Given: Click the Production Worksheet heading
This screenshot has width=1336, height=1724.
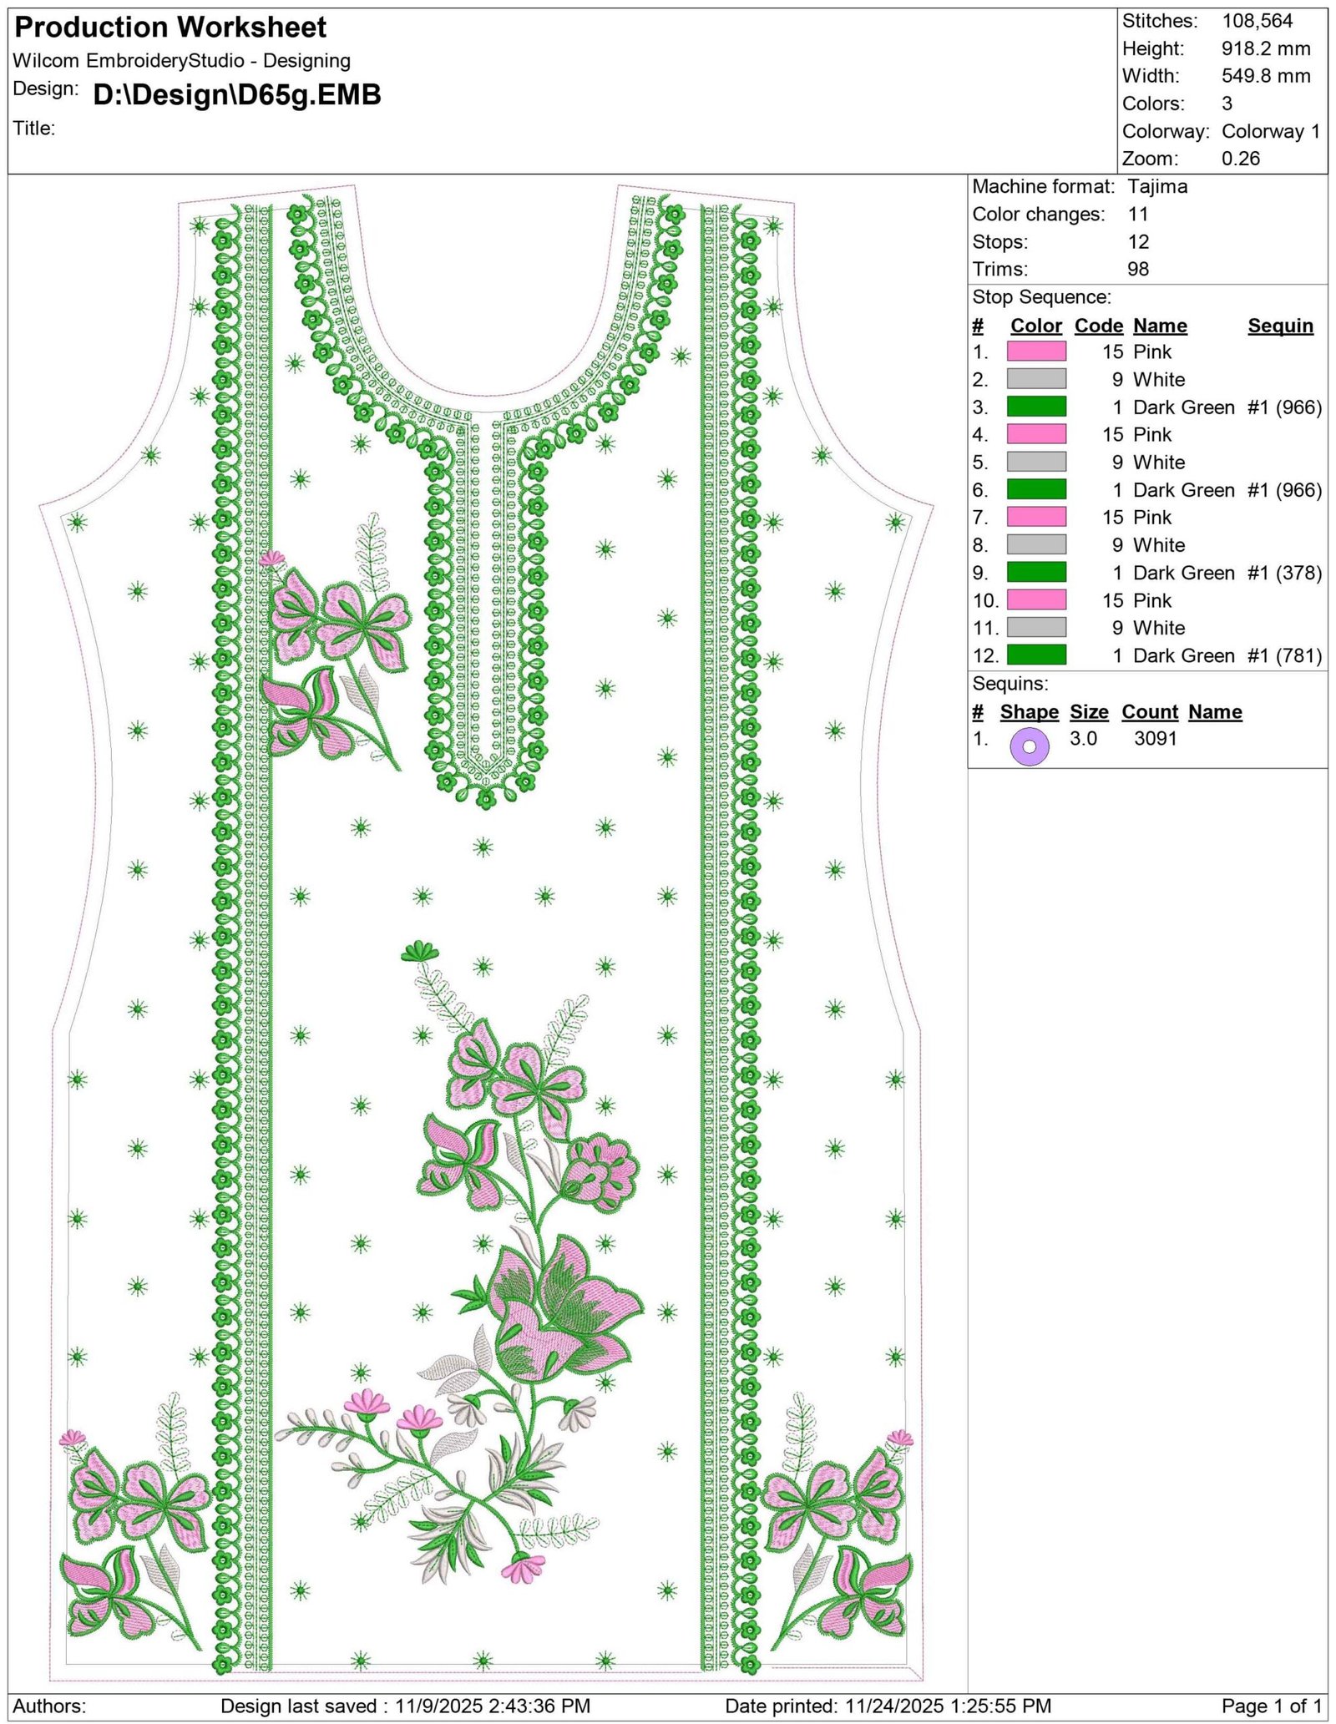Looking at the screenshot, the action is coord(170,28).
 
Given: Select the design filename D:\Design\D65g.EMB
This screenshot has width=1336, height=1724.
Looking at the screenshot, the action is coord(237,94).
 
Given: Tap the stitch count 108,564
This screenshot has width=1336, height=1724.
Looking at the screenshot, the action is coord(1257,21).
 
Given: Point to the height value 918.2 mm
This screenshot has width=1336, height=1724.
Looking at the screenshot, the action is coord(1266,48).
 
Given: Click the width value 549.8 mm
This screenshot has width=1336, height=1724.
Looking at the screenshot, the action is coord(1266,76).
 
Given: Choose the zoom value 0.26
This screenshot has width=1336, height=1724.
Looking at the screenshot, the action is coord(1241,159).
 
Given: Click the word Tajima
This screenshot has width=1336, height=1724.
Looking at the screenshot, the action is coord(1157,186).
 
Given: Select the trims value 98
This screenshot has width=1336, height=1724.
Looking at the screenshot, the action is coord(1138,269).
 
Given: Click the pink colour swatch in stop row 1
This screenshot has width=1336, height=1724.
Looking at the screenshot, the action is coord(1036,351).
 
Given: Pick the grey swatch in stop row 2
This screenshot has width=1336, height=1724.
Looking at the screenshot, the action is coord(1036,379).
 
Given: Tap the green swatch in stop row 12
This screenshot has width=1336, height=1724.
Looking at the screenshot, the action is coord(1036,655).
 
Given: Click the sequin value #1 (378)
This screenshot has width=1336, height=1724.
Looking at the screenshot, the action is coord(1285,573).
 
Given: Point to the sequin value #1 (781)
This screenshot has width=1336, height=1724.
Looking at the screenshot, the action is coord(1285,655).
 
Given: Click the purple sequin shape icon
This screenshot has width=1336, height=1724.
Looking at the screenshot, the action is coord(1030,746).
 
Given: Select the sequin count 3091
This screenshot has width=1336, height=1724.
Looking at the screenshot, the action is coord(1156,738).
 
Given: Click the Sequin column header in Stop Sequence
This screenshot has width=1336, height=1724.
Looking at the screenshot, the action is coord(1281,326).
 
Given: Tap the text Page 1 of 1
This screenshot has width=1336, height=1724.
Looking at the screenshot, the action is coord(1272,1706).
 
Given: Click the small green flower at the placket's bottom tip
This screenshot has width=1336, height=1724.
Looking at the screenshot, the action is coord(486,800).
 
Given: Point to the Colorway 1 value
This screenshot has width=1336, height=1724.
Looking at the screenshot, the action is coord(1271,131).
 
